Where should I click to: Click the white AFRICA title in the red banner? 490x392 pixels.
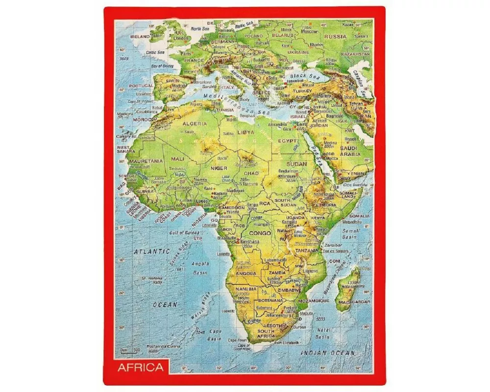[x=140, y=367]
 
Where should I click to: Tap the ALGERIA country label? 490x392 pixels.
[x=194, y=123]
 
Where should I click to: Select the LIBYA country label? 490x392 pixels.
[x=245, y=132]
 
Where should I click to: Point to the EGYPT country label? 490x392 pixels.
[x=288, y=141]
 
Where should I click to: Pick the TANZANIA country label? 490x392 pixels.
[x=307, y=250]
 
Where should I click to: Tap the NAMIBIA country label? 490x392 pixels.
[x=245, y=289]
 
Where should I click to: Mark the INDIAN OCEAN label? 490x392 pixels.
[x=327, y=353]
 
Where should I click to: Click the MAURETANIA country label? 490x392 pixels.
[x=146, y=161]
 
